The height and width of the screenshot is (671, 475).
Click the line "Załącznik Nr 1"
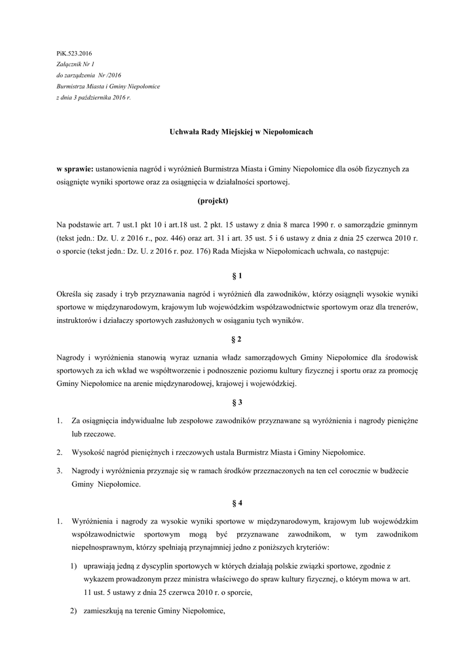76,64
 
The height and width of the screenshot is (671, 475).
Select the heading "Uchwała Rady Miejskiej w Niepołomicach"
237,132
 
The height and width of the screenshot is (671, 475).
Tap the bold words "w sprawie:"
75,169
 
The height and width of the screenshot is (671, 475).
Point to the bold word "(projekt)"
212,201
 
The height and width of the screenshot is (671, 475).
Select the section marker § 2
237,339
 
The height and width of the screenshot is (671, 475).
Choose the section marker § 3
237,402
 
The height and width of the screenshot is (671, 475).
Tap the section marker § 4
237,503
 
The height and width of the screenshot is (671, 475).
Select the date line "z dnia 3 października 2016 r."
94,97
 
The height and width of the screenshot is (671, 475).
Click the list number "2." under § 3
59,452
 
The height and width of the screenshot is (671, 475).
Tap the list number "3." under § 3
59,470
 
